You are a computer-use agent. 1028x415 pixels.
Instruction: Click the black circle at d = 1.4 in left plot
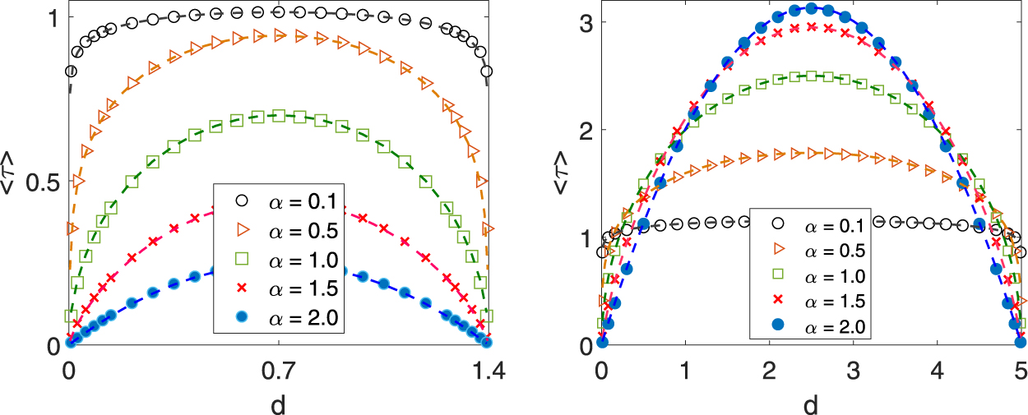pos(486,72)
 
